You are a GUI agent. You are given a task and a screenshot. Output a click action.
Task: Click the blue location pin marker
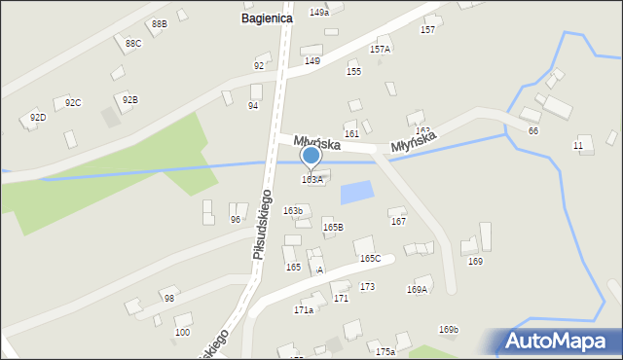pyautogui.click(x=311, y=156)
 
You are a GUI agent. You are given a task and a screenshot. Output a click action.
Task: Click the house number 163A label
pyautogui.click(x=311, y=180)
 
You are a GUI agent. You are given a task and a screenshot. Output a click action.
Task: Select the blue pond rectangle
pyautogui.click(x=355, y=193)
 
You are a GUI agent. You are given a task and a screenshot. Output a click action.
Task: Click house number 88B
pyautogui.click(x=158, y=23)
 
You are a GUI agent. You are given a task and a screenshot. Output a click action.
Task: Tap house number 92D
pyautogui.click(x=37, y=118)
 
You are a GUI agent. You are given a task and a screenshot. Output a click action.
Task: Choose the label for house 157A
pyautogui.click(x=380, y=49)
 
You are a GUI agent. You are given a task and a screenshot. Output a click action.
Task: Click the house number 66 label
pyautogui.click(x=532, y=131)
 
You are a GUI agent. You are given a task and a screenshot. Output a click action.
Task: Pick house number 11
pyautogui.click(x=578, y=146)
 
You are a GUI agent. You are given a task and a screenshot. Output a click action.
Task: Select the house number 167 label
pyautogui.click(x=398, y=222)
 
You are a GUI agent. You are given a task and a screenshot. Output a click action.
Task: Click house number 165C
pyautogui.click(x=370, y=259)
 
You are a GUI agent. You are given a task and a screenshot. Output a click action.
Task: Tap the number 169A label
pyautogui.click(x=417, y=289)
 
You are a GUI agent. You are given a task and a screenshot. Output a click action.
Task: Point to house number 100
pyautogui.click(x=182, y=333)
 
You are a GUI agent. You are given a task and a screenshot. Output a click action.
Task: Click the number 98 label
pyautogui.click(x=169, y=299)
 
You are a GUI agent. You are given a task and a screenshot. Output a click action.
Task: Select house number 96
pyautogui.click(x=235, y=220)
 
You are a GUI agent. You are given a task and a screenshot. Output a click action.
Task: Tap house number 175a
pyautogui.click(x=385, y=351)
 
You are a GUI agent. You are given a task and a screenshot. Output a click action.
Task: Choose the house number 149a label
pyautogui.click(x=318, y=12)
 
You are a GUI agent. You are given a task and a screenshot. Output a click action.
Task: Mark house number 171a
pyautogui.click(x=303, y=310)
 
